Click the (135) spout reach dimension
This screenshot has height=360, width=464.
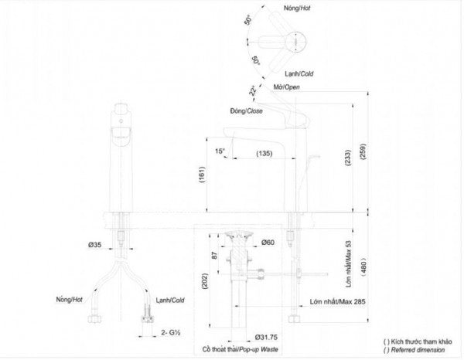(264, 154)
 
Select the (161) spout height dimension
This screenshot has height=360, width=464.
(202, 175)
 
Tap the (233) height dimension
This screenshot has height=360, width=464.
(348, 158)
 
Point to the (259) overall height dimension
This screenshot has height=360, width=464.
(363, 151)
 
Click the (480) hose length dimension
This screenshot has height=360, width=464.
(363, 267)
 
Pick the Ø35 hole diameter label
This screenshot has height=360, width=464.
(94, 245)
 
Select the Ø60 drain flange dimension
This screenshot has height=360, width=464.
(268, 243)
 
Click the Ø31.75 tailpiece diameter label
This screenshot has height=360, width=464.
(266, 338)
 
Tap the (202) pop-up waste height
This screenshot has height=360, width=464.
(206, 280)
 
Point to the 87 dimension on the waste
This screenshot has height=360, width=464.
(215, 255)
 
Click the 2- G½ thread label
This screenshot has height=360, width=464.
(171, 332)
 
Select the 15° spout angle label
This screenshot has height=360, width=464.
(220, 151)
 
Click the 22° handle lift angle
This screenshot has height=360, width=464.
(252, 91)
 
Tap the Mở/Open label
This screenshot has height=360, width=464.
(286, 87)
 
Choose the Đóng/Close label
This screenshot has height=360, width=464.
(247, 111)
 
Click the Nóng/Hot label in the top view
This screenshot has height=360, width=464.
(297, 8)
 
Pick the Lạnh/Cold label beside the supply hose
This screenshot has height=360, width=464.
(170, 301)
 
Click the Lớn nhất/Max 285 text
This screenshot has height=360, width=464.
(338, 302)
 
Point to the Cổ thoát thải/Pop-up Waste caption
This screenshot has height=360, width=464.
(241, 349)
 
